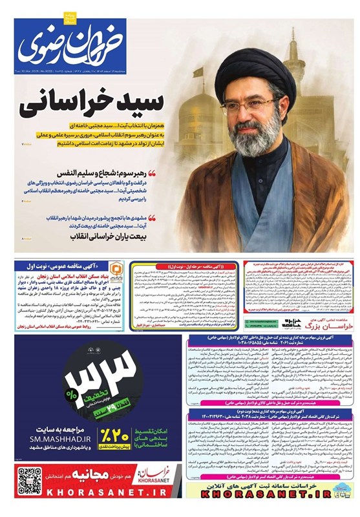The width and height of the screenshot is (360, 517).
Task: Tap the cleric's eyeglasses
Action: pos(249,104)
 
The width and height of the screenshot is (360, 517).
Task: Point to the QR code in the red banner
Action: pos(28,479)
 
